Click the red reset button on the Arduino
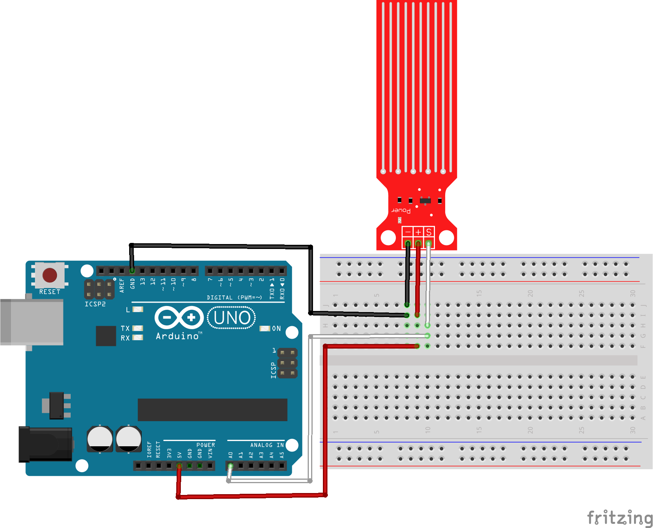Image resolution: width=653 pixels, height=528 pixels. (50, 275)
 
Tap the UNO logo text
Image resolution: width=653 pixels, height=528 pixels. (232, 318)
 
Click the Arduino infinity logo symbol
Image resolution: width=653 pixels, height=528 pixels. (179, 317)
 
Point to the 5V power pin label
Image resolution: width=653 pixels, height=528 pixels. (179, 454)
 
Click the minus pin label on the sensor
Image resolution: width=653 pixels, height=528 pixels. (408, 232)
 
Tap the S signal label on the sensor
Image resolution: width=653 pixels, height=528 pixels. (429, 232)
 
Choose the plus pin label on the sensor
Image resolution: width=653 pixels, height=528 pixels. (418, 232)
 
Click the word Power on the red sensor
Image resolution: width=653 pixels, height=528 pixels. (401, 210)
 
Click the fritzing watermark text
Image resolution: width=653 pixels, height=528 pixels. (620, 517)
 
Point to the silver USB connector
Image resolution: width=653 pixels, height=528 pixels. (32, 322)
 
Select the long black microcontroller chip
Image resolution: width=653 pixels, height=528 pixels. (212, 409)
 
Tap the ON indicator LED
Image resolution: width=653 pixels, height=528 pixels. (264, 328)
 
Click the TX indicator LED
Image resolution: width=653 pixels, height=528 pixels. (138, 328)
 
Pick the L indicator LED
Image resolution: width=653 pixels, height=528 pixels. (138, 309)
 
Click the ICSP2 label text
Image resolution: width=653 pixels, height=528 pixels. (95, 304)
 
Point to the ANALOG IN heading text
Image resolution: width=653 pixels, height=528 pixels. (267, 445)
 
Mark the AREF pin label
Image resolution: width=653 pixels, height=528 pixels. (122, 285)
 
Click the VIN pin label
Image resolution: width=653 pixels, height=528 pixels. (210, 453)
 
